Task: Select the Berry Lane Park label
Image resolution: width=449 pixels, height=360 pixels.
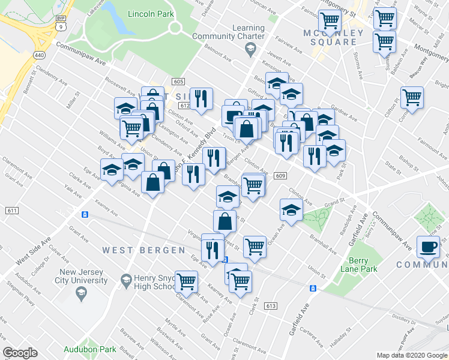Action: tap(364, 265)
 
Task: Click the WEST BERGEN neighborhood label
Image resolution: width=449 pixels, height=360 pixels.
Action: tap(143, 250)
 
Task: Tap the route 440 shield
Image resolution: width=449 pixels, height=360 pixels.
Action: tap(38, 55)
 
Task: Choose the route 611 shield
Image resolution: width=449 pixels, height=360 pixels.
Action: tap(11, 211)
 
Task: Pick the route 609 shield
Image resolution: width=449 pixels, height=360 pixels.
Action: tap(281, 176)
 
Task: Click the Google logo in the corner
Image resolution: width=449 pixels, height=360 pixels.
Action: tap(20, 352)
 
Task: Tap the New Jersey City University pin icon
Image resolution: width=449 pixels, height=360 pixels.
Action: tap(80, 293)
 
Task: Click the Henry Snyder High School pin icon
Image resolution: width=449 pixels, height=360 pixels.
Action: tap(126, 280)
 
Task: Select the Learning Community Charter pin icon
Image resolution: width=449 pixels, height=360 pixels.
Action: tap(253, 50)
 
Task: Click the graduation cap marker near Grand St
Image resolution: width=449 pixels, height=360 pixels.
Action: tap(291, 210)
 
